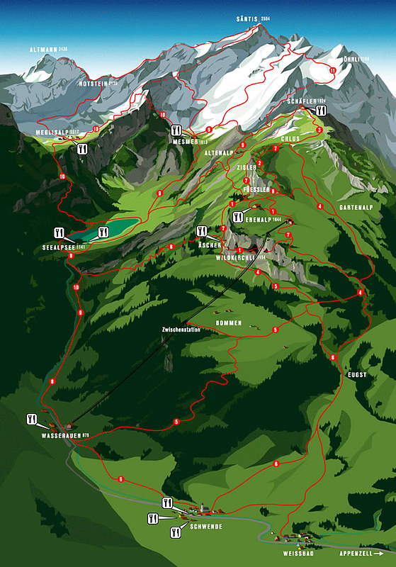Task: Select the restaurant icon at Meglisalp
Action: [82, 149]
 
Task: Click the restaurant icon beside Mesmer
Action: [176, 130]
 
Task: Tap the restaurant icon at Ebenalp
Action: [238, 216]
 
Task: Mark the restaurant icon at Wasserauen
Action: [32, 419]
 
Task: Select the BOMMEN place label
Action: [229, 323]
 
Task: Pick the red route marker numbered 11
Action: [332, 70]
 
